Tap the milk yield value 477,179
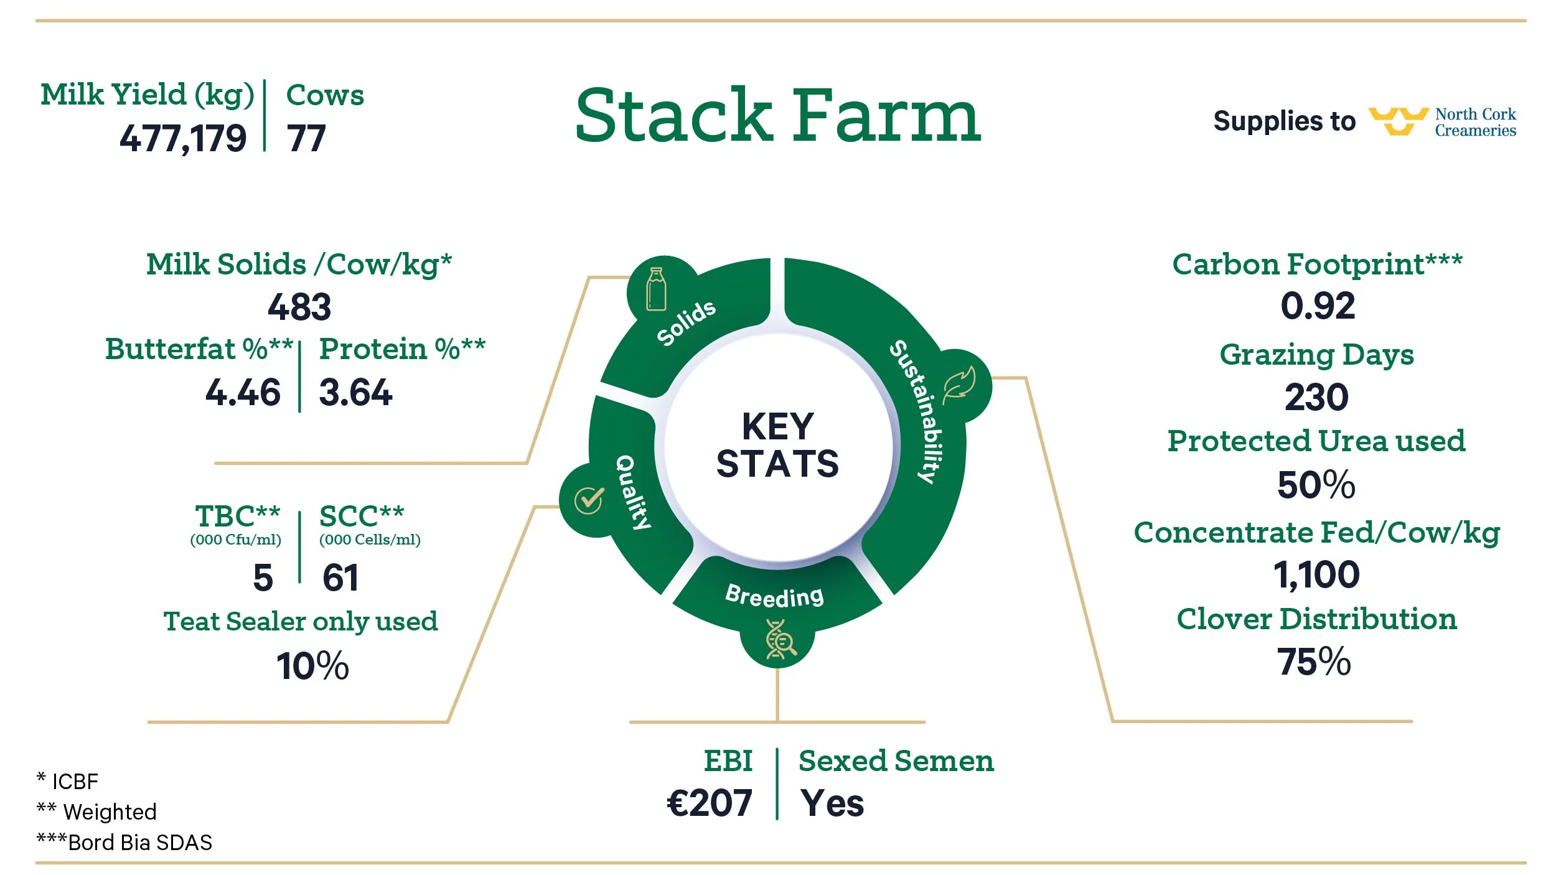click(x=183, y=138)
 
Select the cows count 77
click(x=306, y=138)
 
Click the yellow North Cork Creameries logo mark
click(x=1398, y=121)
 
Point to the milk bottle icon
click(x=656, y=289)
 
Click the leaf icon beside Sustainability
click(x=959, y=386)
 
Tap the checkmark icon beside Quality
click(x=589, y=500)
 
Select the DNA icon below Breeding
click(x=779, y=639)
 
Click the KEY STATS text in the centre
click(x=777, y=445)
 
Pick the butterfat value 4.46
click(x=243, y=393)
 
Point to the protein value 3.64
click(x=355, y=393)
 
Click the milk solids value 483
click(x=299, y=307)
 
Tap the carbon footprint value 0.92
click(x=1318, y=306)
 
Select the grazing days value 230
click(x=1316, y=397)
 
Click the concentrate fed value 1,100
click(x=1316, y=574)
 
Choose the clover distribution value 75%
click(x=1314, y=662)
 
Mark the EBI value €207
click(x=710, y=803)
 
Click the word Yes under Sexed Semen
click(x=832, y=803)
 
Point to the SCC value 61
click(x=340, y=578)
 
